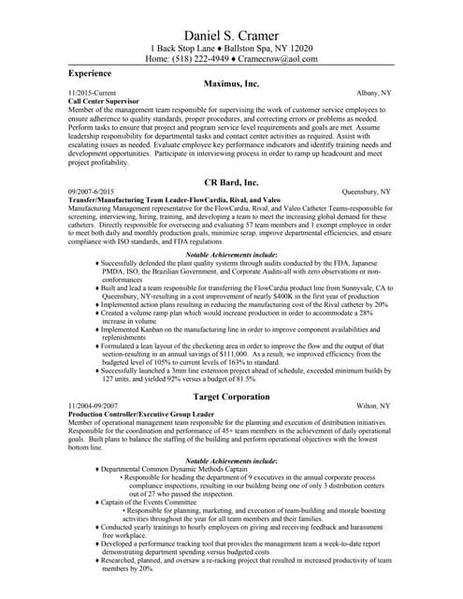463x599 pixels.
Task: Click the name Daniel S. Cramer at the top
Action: pyautogui.click(x=231, y=34)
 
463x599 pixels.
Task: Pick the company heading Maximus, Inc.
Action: pyautogui.click(x=231, y=83)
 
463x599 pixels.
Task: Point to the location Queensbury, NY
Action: pyautogui.click(x=366, y=192)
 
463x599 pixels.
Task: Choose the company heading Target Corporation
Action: pyautogui.click(x=231, y=397)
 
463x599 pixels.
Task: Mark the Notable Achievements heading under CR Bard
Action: pyautogui.click(x=231, y=255)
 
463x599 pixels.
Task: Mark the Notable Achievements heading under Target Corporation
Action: pyautogui.click(x=231, y=461)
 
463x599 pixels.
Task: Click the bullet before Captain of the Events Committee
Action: pyautogui.click(x=97, y=503)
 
